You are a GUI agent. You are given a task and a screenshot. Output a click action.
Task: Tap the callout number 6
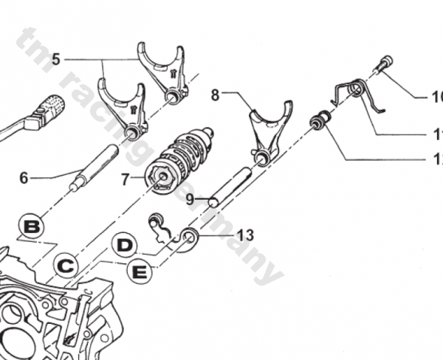coord(24,178)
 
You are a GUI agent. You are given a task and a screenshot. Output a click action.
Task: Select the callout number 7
coord(124,179)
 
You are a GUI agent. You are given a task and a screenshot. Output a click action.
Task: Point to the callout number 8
coord(215,94)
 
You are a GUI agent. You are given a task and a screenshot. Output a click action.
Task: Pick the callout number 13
coord(245,235)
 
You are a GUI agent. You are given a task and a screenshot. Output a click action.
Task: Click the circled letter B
coord(31,226)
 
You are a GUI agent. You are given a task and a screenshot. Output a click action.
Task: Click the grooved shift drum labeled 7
coord(179,156)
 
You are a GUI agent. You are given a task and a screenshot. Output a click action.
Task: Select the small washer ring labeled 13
coord(190,237)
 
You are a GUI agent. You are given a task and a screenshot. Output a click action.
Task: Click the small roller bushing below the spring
coord(320,120)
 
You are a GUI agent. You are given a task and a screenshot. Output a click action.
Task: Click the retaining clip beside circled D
coord(160,228)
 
